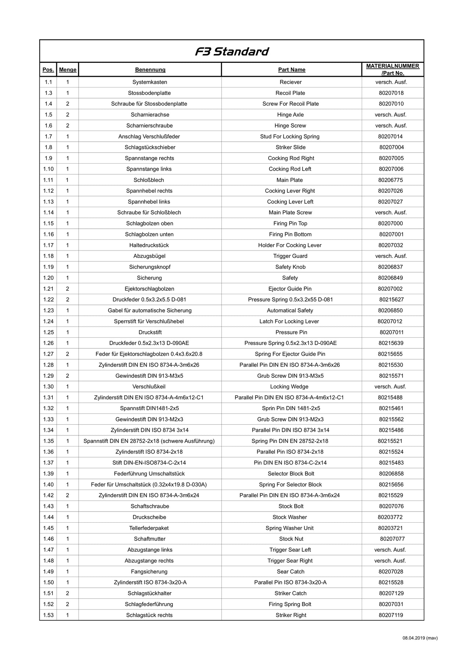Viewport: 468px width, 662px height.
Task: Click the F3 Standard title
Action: [232, 51]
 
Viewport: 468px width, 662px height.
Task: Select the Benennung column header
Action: [150, 70]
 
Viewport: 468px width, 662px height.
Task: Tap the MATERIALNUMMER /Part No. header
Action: [392, 70]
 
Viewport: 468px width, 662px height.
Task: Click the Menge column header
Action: [68, 70]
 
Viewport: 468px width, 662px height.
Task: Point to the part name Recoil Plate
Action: [290, 93]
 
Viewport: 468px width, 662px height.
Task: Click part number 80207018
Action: [391, 93]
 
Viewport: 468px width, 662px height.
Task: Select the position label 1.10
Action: [48, 169]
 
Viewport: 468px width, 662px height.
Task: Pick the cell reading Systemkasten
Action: [150, 82]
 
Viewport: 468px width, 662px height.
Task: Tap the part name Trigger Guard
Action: [290, 256]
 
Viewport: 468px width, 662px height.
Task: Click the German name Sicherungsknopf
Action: [150, 267]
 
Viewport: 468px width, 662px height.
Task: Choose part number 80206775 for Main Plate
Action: [390, 180]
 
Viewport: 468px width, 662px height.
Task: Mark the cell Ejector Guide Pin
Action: [290, 289]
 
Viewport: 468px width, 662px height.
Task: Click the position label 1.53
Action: [48, 615]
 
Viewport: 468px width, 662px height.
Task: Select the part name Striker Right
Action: [291, 615]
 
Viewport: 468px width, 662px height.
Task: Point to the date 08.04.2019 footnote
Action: [420, 638]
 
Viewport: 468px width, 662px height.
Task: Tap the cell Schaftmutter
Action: [150, 539]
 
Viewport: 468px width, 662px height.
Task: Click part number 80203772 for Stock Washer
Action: [390, 517]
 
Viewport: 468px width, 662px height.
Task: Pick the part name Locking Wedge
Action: [289, 387]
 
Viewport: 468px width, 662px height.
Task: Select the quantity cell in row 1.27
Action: [68, 354]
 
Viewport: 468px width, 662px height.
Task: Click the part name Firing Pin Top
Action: [290, 224]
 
